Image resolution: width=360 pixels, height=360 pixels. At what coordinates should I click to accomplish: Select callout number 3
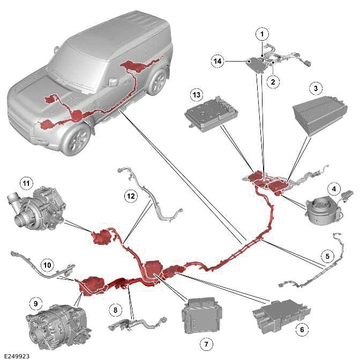(x=316, y=88)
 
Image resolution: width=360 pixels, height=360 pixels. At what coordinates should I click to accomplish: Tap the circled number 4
(x=333, y=189)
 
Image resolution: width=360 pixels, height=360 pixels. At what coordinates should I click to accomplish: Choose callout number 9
(x=35, y=304)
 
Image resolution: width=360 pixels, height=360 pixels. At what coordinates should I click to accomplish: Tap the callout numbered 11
(x=26, y=183)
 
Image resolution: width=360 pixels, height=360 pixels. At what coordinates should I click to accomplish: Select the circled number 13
(x=196, y=95)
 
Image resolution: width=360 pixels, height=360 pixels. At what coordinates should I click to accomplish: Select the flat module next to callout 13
(x=210, y=117)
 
